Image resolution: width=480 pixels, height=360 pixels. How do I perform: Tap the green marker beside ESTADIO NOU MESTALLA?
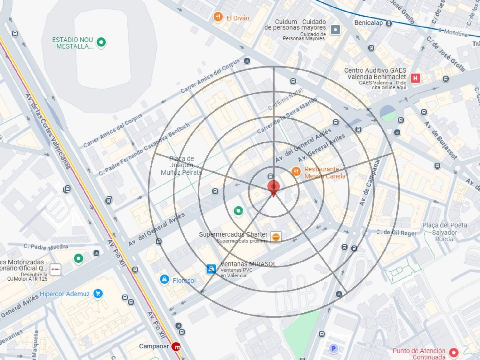[x=101, y=42]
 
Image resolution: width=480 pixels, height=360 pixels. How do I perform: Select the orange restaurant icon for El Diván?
[x=218, y=17]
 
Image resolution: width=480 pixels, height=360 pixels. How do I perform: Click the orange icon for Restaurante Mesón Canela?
[x=296, y=172]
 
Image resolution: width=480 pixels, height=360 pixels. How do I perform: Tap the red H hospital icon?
[x=415, y=78]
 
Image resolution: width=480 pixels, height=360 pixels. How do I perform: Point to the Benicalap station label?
[x=368, y=23]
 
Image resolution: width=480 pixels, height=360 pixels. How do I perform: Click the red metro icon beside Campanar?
[x=176, y=346]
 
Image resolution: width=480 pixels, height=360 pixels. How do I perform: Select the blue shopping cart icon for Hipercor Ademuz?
[x=98, y=293]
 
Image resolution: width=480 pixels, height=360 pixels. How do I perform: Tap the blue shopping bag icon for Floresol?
[x=164, y=279]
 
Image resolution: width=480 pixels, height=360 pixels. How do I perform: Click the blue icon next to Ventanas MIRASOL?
[x=211, y=269]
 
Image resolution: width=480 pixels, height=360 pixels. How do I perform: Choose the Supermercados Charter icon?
[x=276, y=237]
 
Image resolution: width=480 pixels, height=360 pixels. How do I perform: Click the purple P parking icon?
[x=333, y=348]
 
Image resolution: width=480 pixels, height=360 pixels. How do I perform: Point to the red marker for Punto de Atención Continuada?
[x=453, y=353]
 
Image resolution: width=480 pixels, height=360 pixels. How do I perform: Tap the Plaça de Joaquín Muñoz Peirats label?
[x=181, y=165]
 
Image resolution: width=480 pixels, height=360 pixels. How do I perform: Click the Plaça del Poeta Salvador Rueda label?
[x=444, y=232]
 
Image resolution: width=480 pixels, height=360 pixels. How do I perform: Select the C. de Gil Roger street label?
[x=396, y=233]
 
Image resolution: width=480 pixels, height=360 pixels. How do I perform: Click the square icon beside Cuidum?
[x=335, y=30]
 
